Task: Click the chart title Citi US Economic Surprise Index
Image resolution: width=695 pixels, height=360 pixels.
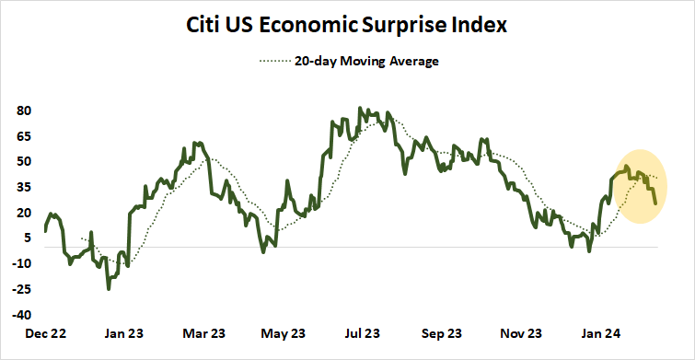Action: click(x=347, y=25)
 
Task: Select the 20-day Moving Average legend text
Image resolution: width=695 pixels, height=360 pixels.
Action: click(x=365, y=62)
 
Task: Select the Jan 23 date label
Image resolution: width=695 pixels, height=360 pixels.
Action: click(x=122, y=332)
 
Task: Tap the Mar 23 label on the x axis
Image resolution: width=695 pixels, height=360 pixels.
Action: click(x=203, y=332)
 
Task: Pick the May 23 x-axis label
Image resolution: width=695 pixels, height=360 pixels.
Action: click(x=284, y=332)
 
